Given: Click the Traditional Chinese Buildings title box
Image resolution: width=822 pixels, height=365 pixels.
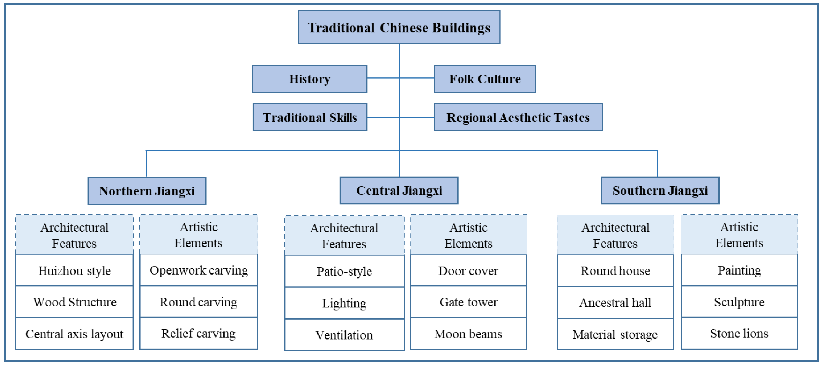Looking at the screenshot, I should (399, 27).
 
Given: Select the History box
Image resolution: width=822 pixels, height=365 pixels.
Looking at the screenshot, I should (310, 79).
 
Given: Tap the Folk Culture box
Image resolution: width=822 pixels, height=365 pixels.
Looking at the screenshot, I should (484, 79).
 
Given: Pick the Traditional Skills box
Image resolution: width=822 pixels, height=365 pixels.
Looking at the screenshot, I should (310, 117).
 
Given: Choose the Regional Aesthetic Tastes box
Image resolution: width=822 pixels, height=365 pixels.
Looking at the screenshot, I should (518, 117).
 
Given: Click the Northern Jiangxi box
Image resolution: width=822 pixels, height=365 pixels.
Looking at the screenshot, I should (147, 191).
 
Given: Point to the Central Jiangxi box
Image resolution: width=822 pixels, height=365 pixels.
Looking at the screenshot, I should (399, 191).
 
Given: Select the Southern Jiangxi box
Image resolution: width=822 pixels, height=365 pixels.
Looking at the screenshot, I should (660, 191).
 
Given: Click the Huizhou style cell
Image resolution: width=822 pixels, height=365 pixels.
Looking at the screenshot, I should (74, 270).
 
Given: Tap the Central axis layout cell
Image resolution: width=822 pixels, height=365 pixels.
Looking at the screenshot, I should (74, 334).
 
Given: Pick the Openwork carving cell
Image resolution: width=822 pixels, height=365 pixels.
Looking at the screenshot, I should (199, 270).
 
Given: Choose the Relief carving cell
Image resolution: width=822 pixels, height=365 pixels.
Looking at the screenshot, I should (199, 333).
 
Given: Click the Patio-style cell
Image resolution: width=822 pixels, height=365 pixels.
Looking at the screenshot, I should (344, 271).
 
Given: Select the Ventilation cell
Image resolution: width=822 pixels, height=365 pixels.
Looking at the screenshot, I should (344, 335).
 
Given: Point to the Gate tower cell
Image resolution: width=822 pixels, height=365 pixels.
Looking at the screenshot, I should (469, 302).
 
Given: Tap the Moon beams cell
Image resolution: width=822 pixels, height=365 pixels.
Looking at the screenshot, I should (469, 334).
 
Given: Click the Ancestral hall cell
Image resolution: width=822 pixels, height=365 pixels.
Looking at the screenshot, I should (615, 302).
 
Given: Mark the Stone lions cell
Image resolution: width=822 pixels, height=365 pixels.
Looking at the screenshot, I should (739, 333).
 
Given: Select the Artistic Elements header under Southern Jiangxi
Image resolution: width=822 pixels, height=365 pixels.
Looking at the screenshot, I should (739, 235).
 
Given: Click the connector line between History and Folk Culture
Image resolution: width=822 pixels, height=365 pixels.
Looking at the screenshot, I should (383, 78).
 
